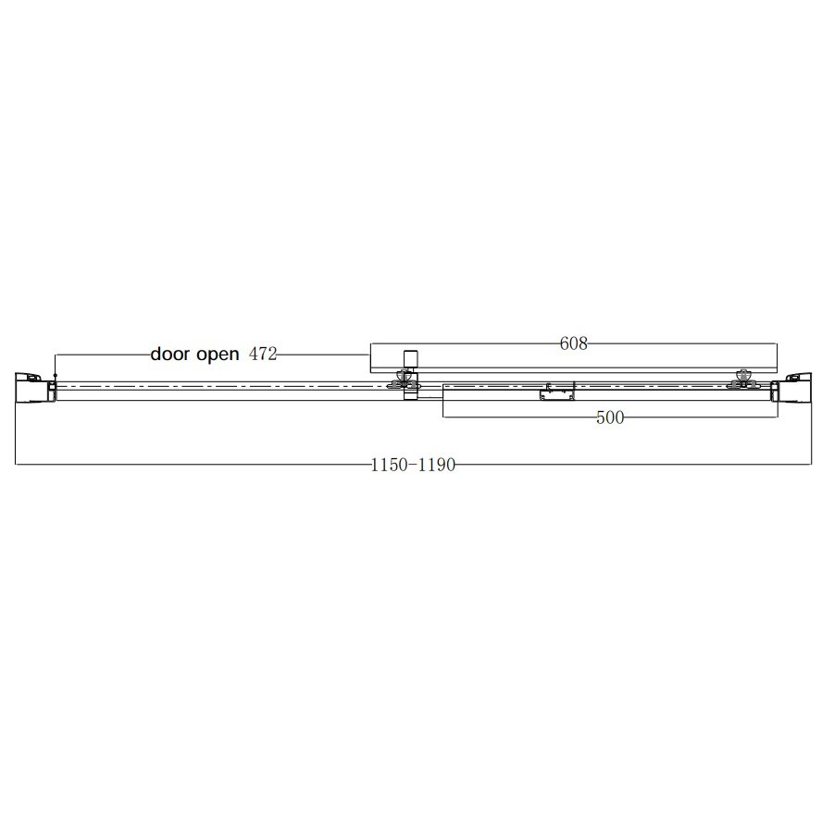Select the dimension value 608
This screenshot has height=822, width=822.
coord(574,344)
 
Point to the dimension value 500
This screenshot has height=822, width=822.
coord(610,418)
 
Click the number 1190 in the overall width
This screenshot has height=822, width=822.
coord(437,466)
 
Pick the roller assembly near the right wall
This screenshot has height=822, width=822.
coord(741,379)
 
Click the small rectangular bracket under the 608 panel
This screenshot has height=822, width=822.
coord(555,392)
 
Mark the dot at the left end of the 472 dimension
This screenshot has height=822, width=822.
coord(56,374)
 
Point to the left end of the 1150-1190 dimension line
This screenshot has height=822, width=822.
coord(16,465)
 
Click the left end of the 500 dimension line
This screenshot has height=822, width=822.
coord(443,418)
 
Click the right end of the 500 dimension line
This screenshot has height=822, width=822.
coord(778,418)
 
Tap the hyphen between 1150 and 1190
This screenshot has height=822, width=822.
coord(413,466)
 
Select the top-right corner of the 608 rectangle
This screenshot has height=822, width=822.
coord(778,344)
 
